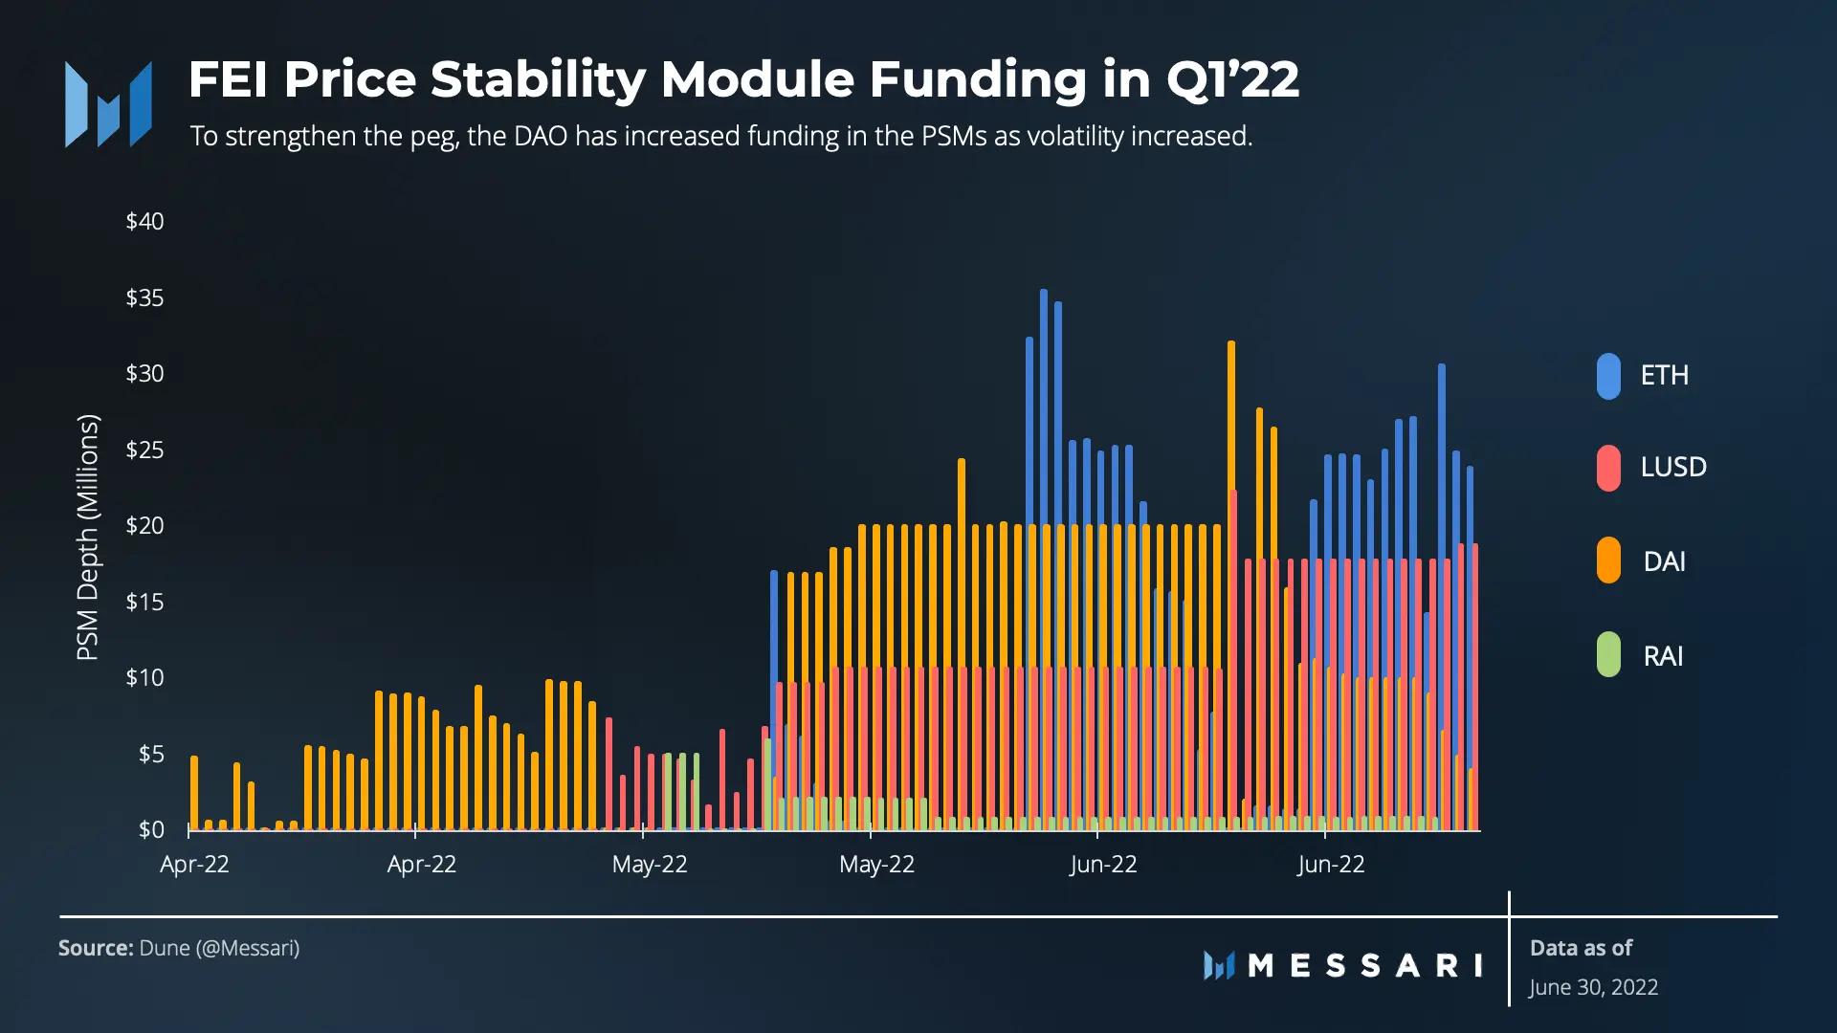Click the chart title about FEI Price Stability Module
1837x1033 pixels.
click(x=743, y=79)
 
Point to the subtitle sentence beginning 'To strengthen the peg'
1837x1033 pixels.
click(x=720, y=136)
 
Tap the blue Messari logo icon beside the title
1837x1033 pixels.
click(x=108, y=104)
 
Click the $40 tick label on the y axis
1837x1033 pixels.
click(x=144, y=221)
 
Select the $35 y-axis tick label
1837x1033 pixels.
click(x=144, y=297)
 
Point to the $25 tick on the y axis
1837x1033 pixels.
click(x=144, y=450)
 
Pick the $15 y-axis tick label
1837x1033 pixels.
click(x=144, y=602)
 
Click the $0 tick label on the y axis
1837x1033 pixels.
click(x=151, y=829)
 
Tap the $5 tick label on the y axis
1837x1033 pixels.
click(x=151, y=754)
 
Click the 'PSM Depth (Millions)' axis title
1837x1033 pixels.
click(x=87, y=537)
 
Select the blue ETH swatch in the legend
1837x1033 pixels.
click(x=1608, y=376)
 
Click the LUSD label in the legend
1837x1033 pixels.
click(x=1673, y=467)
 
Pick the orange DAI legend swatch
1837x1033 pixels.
click(x=1608, y=560)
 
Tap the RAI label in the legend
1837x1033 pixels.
click(x=1663, y=656)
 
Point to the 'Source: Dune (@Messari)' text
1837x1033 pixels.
click(x=179, y=948)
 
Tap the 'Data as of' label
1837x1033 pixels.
click(x=1581, y=948)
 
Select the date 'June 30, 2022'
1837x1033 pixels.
click(x=1593, y=987)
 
